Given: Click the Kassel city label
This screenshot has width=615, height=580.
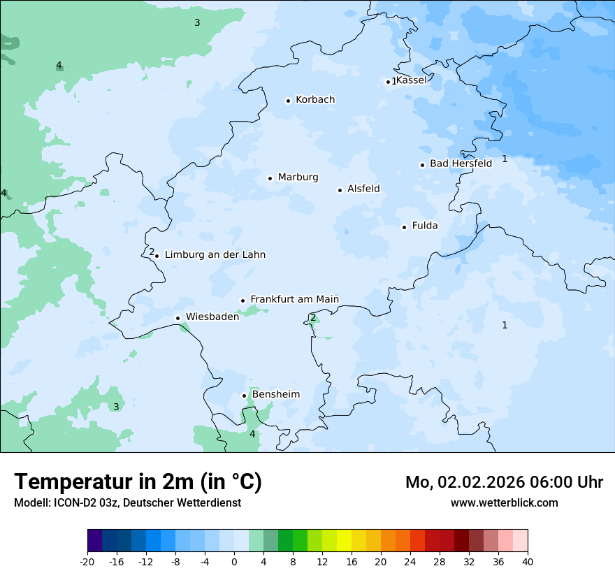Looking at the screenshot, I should point(411,80).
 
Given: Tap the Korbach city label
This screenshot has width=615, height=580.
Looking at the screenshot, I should point(314,100).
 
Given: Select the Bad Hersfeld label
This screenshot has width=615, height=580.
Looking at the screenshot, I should point(461,164).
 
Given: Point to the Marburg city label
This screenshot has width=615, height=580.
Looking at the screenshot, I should point(298,177).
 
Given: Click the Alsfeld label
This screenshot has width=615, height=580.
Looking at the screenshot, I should point(363,189).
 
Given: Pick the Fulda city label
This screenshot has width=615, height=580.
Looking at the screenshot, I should point(425,226).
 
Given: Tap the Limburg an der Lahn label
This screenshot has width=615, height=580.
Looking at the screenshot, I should point(215,255).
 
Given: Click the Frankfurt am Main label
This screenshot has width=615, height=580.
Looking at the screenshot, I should point(294,300).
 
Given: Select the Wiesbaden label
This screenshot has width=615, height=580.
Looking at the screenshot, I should point(212,317).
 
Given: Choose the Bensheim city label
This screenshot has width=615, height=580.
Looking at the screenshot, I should point(275,395).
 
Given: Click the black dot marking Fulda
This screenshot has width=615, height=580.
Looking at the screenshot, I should point(404,227).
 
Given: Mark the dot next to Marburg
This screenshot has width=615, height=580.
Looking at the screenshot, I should point(270,178).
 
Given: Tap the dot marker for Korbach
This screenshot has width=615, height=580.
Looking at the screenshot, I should point(288,101).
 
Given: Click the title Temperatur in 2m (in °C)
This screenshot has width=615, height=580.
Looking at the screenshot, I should point(138,481).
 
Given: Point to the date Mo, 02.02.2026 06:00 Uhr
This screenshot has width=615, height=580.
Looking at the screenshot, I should point(504,482).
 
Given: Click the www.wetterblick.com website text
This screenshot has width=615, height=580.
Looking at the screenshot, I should point(504,502).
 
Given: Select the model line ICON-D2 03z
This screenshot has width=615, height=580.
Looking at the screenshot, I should point(127,502).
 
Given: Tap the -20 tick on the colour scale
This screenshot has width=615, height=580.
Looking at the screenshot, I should point(87,562).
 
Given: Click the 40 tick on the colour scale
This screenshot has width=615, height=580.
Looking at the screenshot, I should point(527,562).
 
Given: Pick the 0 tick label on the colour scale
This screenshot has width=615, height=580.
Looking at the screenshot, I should point(234,562).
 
